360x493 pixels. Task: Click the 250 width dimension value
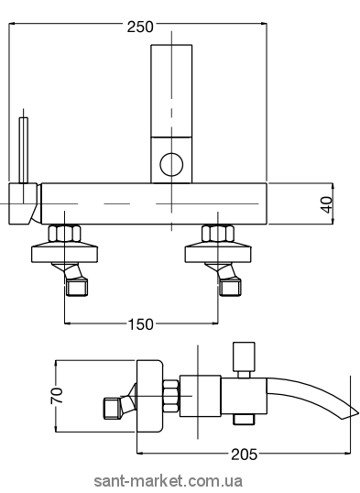140,27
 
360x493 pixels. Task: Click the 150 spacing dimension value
140,324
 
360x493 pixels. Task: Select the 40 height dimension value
327,204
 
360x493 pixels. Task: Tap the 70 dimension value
57,396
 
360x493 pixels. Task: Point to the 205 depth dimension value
245,454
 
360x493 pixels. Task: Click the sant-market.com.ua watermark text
169,481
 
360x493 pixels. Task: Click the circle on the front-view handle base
171,164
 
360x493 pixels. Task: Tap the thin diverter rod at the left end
24,150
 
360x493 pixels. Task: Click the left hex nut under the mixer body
64,234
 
